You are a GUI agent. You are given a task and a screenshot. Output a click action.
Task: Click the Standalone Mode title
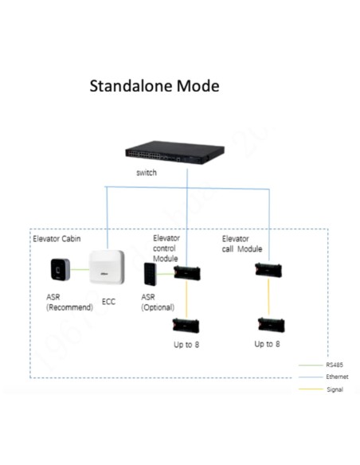154,85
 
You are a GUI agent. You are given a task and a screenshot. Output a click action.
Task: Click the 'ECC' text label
109,303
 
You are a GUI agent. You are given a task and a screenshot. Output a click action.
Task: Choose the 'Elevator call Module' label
241,244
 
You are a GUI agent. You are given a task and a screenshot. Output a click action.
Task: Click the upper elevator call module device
268,273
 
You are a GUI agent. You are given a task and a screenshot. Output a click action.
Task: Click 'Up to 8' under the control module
187,345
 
